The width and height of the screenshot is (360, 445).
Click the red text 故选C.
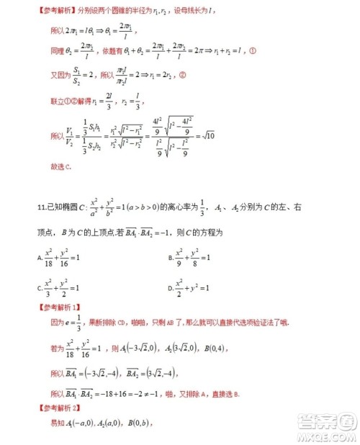(x=61, y=167)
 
